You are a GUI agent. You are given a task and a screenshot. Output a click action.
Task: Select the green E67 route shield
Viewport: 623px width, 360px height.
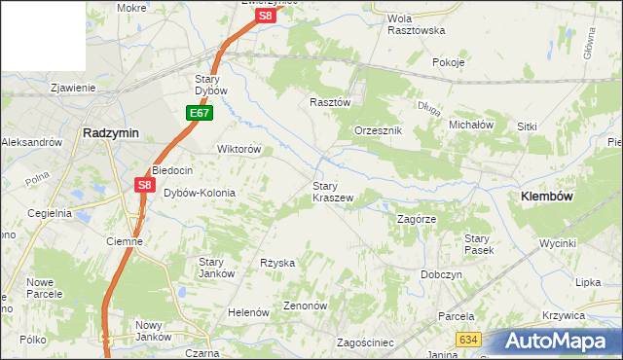(200, 114)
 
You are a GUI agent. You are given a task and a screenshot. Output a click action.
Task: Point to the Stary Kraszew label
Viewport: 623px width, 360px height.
(332, 191)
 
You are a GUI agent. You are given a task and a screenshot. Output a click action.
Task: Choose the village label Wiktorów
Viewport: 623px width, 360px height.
(238, 149)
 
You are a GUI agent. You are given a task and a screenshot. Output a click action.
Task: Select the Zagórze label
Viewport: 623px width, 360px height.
(416, 219)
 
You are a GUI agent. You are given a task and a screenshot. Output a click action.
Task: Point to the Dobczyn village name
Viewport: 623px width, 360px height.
(441, 274)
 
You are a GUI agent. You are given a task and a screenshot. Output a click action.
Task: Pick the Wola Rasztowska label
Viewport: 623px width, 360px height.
(416, 24)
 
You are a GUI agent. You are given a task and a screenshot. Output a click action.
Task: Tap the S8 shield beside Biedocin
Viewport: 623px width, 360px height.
(145, 184)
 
